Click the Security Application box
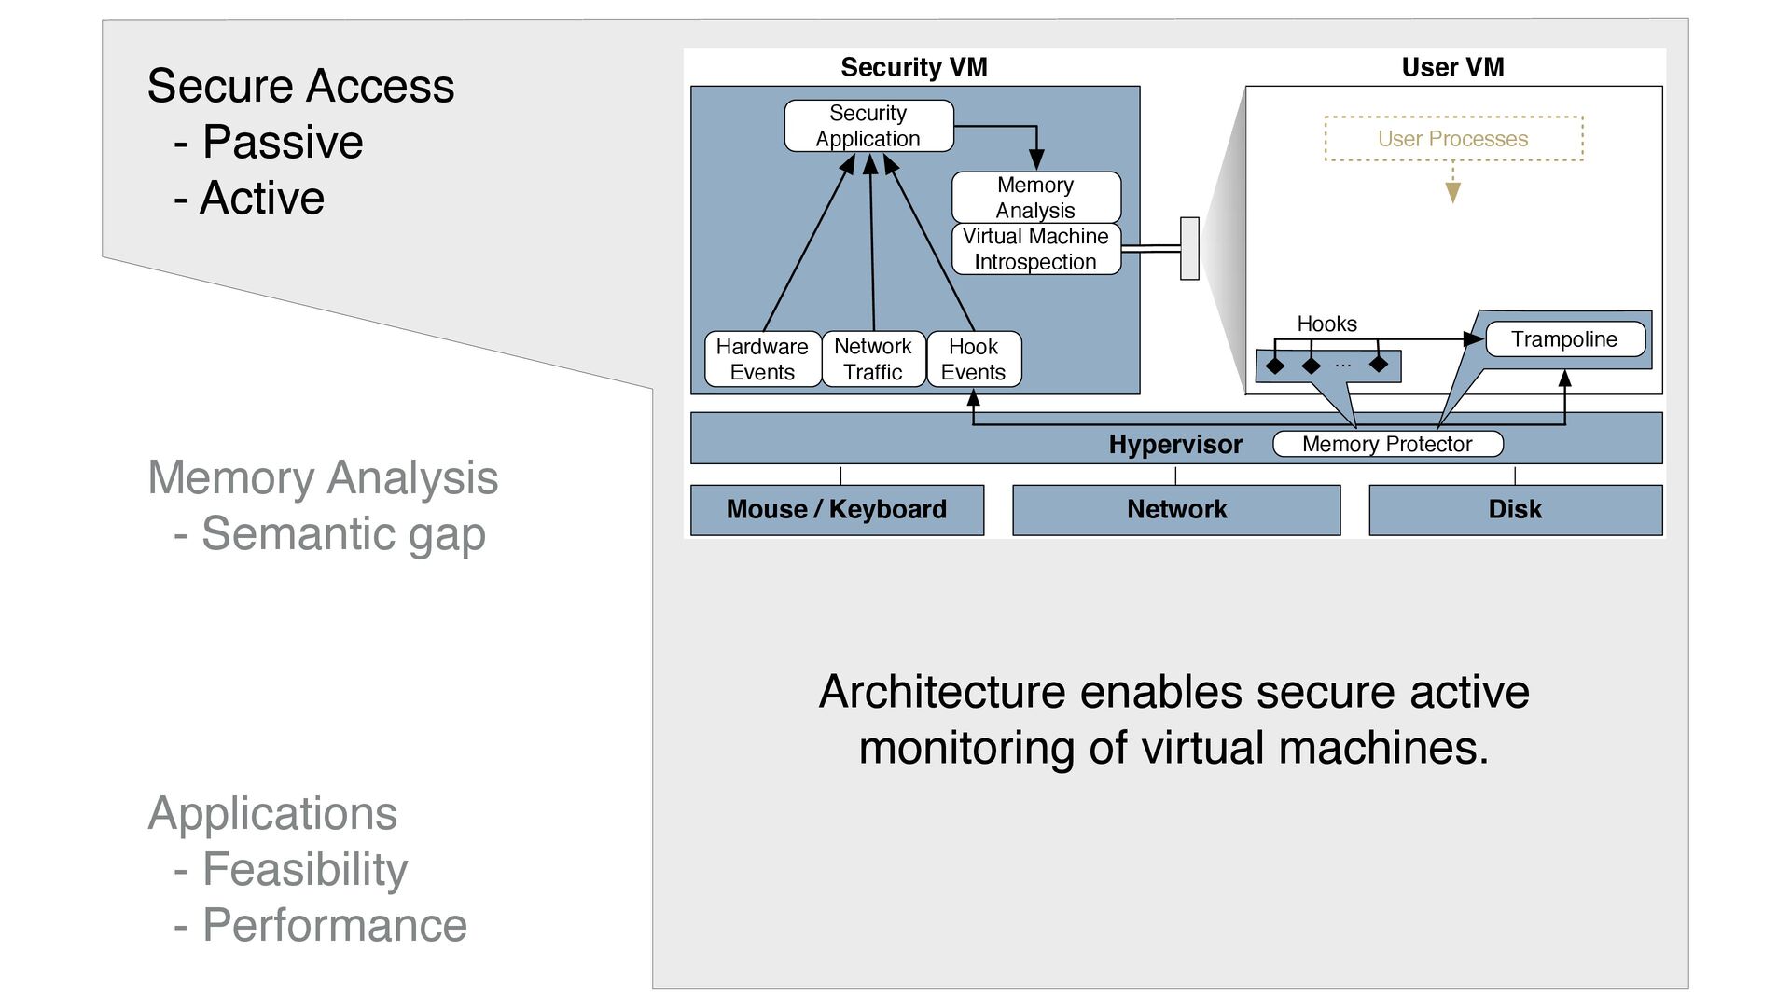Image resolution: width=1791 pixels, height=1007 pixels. [x=868, y=126]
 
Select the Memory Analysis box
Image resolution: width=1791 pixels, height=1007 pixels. [x=1035, y=197]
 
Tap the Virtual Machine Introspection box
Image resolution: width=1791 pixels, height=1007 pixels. [x=1035, y=249]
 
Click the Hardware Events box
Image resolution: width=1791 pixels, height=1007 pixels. [x=762, y=359]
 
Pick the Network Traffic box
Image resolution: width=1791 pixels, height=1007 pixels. [x=873, y=359]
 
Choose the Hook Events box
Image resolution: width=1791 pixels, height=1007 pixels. [x=973, y=359]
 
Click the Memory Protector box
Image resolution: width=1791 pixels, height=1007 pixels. [x=1387, y=444]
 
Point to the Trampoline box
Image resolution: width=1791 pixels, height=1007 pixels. [x=1564, y=339]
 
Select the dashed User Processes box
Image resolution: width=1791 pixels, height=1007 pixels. [x=1453, y=139]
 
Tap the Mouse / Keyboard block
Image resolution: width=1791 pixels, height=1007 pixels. [x=837, y=509]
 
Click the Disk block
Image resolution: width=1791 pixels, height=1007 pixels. [x=1515, y=509]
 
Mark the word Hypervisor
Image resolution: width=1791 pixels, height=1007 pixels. [x=1175, y=445]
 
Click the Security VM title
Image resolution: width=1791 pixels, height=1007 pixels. [x=914, y=67]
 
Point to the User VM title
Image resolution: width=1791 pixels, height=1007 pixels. [x=1452, y=67]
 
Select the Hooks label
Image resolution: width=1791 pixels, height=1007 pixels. [x=1326, y=324]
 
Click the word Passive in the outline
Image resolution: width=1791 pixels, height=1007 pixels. [x=283, y=142]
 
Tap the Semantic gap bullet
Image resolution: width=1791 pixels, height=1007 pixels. [x=343, y=533]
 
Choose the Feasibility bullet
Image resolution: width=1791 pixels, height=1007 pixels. [x=305, y=869]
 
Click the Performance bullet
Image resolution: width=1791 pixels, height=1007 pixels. [x=334, y=925]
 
